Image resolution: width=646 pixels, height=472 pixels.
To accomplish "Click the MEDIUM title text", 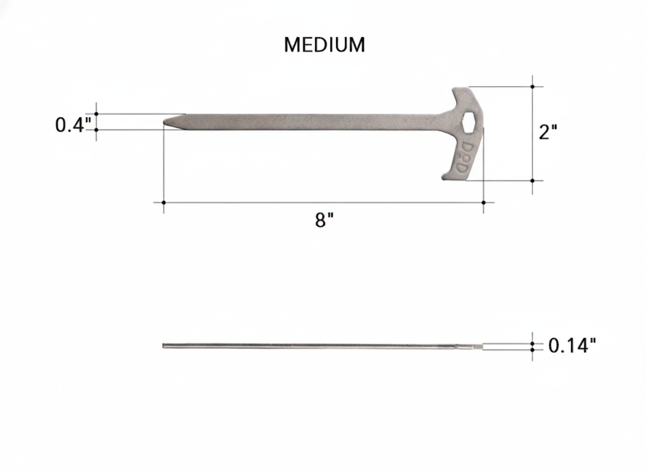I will click(324, 45).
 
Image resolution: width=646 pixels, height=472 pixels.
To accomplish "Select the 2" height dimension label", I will click(547, 132).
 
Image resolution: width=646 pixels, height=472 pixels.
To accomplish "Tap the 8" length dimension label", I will click(324, 221).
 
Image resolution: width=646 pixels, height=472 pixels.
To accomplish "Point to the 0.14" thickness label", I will click(572, 345).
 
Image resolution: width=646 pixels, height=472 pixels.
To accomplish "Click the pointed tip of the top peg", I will click(166, 122).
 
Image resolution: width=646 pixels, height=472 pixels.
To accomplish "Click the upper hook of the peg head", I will click(462, 96).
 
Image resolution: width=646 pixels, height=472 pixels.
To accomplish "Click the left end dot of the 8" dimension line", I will click(164, 203).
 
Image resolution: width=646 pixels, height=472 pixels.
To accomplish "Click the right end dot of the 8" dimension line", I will click(483, 203).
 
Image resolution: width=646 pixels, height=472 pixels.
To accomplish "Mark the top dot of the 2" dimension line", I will click(533, 86).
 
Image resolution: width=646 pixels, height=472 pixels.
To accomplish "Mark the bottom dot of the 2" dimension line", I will click(533, 180).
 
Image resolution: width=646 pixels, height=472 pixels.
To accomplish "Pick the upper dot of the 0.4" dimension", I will click(97, 114).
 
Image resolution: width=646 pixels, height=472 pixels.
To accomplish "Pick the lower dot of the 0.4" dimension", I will click(97, 129).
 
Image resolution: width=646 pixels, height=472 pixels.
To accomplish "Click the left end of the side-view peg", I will click(164, 345).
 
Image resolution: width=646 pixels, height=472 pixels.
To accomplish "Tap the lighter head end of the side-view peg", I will click(476, 346).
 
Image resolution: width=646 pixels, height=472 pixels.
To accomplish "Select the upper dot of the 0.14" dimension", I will click(533, 343).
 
